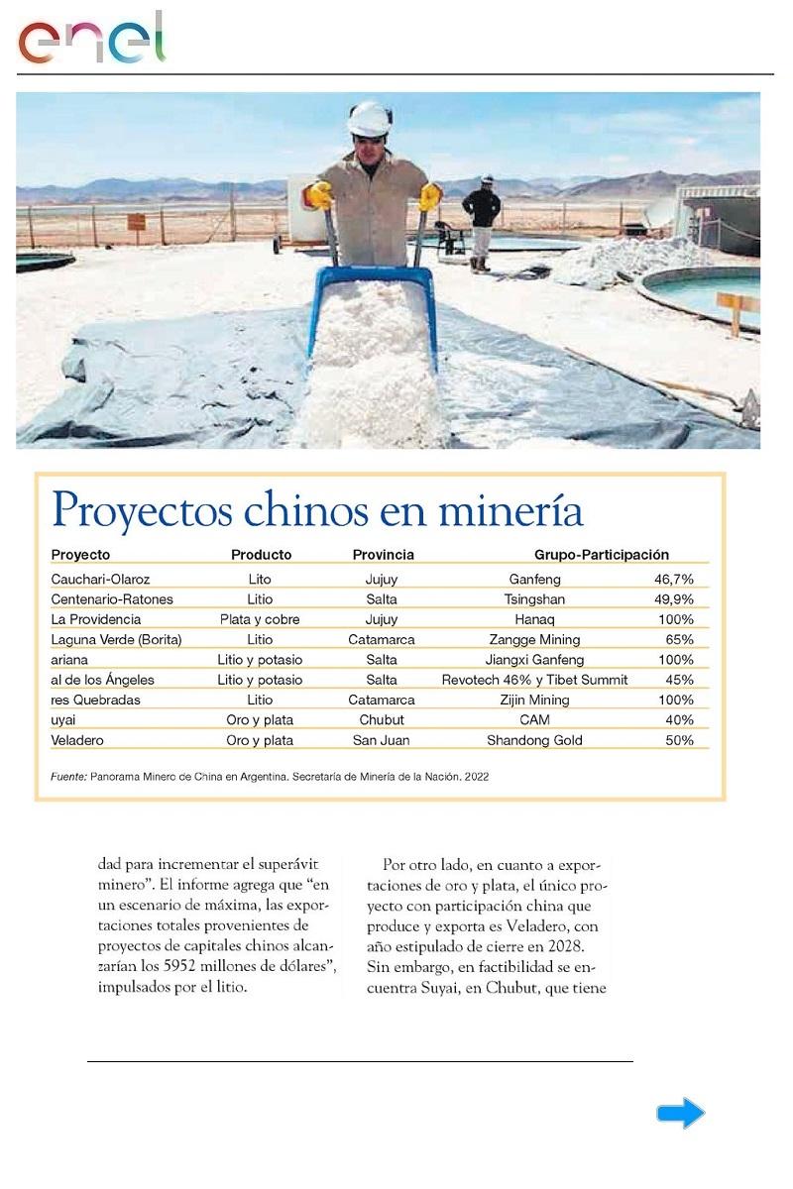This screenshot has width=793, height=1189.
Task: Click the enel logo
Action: pyautogui.click(x=91, y=40)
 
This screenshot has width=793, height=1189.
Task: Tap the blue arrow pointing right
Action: pyautogui.click(x=680, y=1114)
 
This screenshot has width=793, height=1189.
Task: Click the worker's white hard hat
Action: pyautogui.click(x=370, y=119)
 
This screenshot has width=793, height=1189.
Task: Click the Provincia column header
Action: pyautogui.click(x=383, y=555)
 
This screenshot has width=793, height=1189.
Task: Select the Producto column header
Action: pyautogui.click(x=261, y=555)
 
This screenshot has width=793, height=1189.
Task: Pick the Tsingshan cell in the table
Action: pyautogui.click(x=534, y=599)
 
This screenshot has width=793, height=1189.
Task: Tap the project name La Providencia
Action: pyautogui.click(x=95, y=619)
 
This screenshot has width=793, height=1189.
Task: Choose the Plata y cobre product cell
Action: pyautogui.click(x=260, y=619)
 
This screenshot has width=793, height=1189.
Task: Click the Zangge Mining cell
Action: pyautogui.click(x=534, y=640)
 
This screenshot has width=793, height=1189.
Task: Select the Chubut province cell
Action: pyautogui.click(x=382, y=720)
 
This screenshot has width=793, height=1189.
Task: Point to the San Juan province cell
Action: pyautogui.click(x=382, y=740)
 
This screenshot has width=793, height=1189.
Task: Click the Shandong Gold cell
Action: pyautogui.click(x=534, y=740)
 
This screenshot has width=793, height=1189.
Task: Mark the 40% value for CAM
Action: pyautogui.click(x=679, y=720)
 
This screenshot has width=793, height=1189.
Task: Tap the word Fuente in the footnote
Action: pyautogui.click(x=68, y=777)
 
